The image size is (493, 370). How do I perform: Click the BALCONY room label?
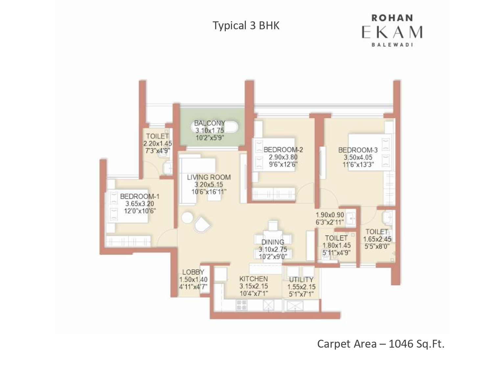[210, 123]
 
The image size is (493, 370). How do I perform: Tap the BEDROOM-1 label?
[140, 196]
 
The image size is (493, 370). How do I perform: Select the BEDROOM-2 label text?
[283, 150]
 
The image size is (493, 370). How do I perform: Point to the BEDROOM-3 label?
[358, 150]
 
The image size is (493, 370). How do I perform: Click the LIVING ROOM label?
[209, 177]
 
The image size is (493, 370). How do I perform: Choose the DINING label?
[273, 242]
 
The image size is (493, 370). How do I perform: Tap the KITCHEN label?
[254, 279]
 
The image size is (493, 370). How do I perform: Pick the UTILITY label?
[301, 280]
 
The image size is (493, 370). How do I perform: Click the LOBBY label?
[193, 272]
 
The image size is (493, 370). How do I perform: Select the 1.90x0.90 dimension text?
[330, 215]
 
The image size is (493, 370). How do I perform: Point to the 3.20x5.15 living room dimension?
[209, 185]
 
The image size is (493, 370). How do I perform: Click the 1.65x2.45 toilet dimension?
[377, 239]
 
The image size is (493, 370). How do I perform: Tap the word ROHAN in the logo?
[392, 18]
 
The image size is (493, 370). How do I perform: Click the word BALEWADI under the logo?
[392, 44]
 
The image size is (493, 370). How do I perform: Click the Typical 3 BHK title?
[246, 25]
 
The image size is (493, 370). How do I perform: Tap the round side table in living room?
[187, 217]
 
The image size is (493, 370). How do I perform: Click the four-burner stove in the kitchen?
[241, 305]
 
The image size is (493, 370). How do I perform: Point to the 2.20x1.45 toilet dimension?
[157, 143]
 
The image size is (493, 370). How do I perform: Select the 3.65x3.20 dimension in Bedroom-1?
[139, 204]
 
